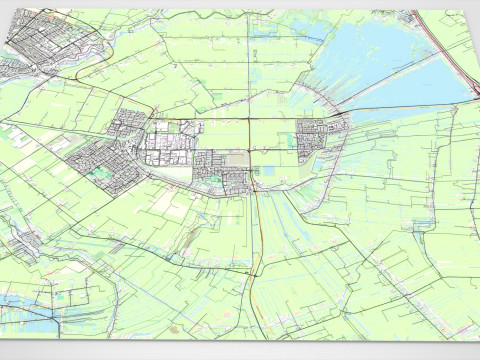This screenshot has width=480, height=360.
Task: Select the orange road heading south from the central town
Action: tap(257, 230)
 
